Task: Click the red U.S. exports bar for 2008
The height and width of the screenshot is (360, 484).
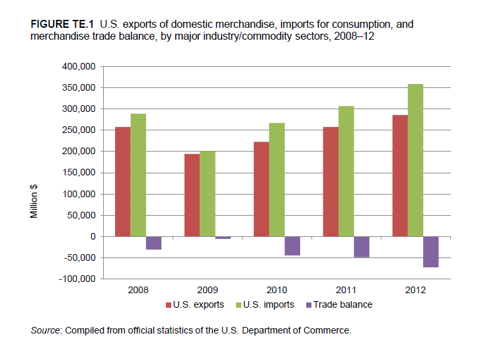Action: pyautogui.click(x=123, y=182)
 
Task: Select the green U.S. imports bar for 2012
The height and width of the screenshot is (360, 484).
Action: pyautogui.click(x=415, y=160)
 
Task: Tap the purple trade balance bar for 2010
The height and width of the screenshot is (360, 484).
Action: pyautogui.click(x=292, y=246)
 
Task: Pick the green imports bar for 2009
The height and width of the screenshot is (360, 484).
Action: pyautogui.click(x=208, y=194)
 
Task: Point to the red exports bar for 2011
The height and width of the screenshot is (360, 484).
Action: pyautogui.click(x=331, y=182)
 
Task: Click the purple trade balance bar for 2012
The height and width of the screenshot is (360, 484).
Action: pyautogui.click(x=431, y=252)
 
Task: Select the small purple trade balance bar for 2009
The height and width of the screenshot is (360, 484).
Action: pyautogui.click(x=223, y=238)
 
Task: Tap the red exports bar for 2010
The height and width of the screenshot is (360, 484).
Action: pyautogui.click(x=261, y=189)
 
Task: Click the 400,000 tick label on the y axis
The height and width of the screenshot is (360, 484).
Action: pyautogui.click(x=79, y=66)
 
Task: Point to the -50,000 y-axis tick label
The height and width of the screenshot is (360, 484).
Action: pyautogui.click(x=79, y=257)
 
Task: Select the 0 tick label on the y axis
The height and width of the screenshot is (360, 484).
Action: pyautogui.click(x=93, y=237)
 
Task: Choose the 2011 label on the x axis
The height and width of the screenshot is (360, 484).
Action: pyautogui.click(x=346, y=290)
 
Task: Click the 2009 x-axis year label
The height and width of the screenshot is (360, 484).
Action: pyautogui.click(x=208, y=290)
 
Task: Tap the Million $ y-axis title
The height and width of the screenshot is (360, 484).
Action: pyautogui.click(x=34, y=201)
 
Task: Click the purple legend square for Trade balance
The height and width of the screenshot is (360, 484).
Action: pyautogui.click(x=309, y=305)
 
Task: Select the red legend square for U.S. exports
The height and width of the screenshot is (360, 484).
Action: pyautogui.click(x=169, y=305)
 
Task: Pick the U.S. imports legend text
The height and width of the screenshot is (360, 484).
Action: pyautogui.click(x=268, y=304)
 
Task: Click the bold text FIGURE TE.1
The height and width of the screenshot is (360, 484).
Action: pyautogui.click(x=61, y=24)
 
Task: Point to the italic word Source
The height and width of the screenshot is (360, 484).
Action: pyautogui.click(x=45, y=331)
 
